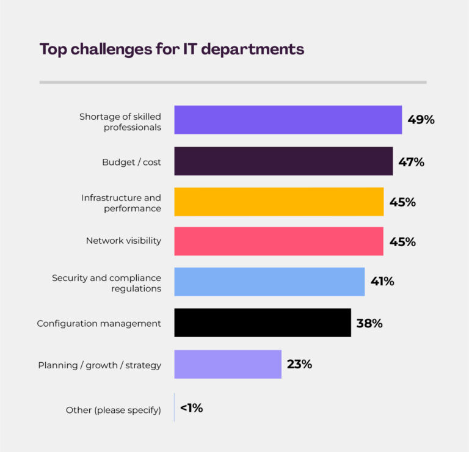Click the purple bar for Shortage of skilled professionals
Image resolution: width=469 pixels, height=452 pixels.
click(x=288, y=120)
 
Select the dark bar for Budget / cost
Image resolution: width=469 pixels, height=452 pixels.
click(x=283, y=161)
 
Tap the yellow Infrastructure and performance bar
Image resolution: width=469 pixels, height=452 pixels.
click(x=278, y=202)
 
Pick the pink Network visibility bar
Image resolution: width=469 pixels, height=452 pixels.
click(x=278, y=241)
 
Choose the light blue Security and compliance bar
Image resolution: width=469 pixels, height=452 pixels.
click(x=269, y=282)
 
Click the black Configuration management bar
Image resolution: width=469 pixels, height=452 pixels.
click(x=263, y=323)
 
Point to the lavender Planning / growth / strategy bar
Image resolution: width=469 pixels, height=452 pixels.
click(x=228, y=364)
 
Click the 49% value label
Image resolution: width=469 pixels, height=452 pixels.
click(x=421, y=120)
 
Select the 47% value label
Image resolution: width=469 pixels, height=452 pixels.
click(x=411, y=162)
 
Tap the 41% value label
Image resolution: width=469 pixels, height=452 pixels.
click(x=382, y=282)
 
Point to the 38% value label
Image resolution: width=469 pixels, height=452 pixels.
click(x=369, y=323)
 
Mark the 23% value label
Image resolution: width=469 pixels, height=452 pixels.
click(x=299, y=364)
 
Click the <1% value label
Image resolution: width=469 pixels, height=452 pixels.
click(x=191, y=408)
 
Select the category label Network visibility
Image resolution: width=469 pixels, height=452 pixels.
click(x=123, y=241)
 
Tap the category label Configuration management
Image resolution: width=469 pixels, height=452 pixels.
click(x=99, y=323)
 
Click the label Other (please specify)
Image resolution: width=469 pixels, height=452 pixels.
click(x=114, y=410)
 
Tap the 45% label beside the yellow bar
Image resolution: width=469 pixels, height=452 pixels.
click(x=402, y=202)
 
